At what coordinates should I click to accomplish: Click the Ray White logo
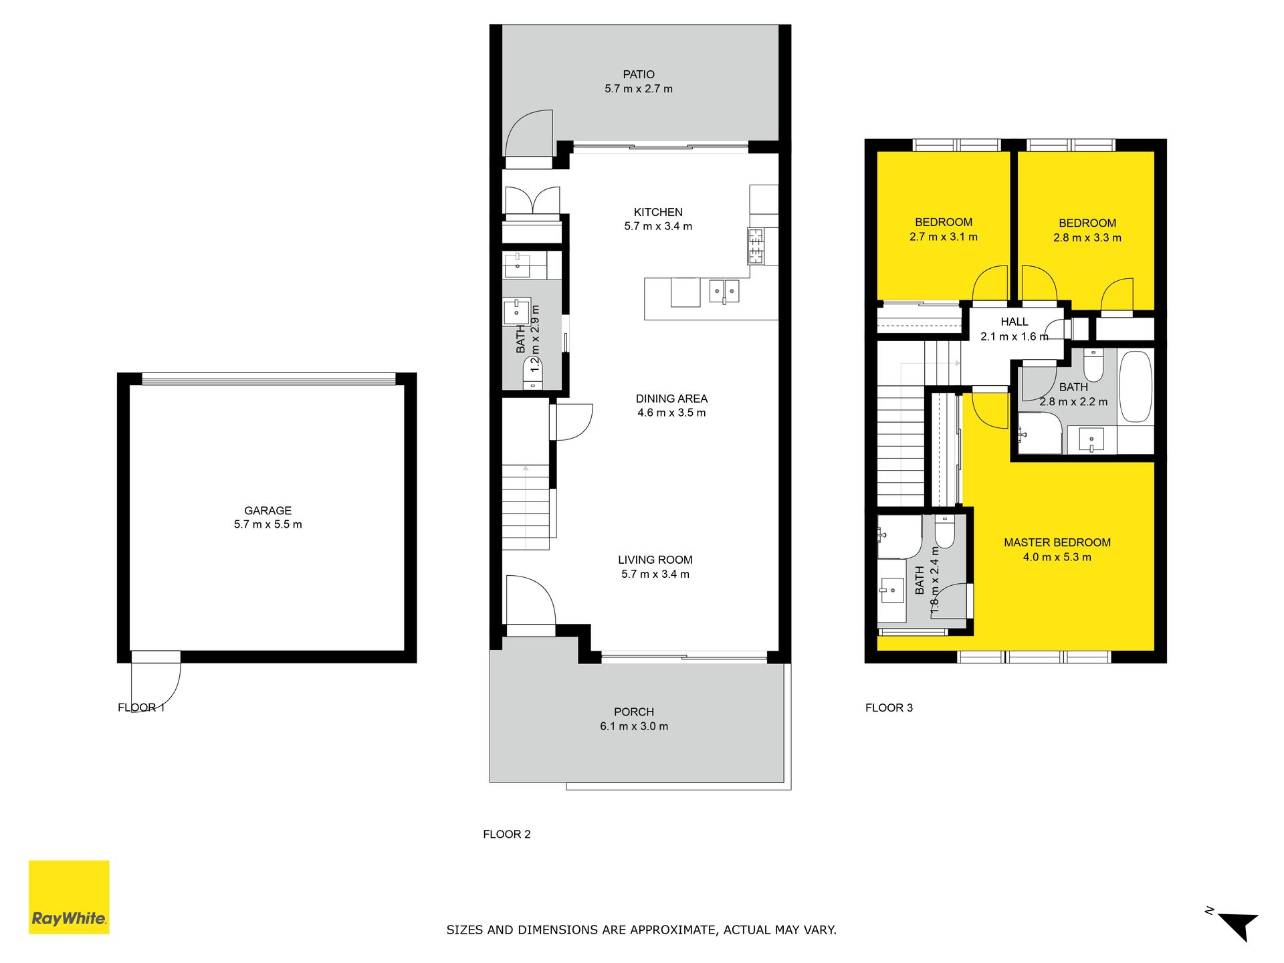pyautogui.click(x=69, y=897)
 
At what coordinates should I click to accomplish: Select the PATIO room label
pyautogui.click(x=639, y=74)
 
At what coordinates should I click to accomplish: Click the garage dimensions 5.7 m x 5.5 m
pyautogui.click(x=267, y=524)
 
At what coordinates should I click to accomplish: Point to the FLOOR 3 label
pyautogui.click(x=889, y=708)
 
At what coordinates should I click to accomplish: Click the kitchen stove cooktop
pyautogui.click(x=756, y=246)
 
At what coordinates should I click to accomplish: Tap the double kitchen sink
pyautogui.click(x=724, y=291)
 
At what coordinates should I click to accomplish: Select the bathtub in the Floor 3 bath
pyautogui.click(x=1136, y=387)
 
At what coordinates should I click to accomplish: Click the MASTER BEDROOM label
pyautogui.click(x=1057, y=542)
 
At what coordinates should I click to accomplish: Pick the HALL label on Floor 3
pyautogui.click(x=1014, y=322)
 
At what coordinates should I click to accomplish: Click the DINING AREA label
pyautogui.click(x=671, y=399)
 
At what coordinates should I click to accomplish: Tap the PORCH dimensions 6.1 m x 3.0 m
pyautogui.click(x=634, y=726)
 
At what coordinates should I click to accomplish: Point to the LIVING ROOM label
pyautogui.click(x=655, y=560)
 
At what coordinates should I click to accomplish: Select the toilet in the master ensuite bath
pyautogui.click(x=944, y=532)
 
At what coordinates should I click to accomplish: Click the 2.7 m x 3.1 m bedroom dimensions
pyautogui.click(x=944, y=237)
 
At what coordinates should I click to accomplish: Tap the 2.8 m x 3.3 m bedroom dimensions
pyautogui.click(x=1087, y=237)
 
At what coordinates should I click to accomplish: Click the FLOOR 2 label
pyautogui.click(x=507, y=834)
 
